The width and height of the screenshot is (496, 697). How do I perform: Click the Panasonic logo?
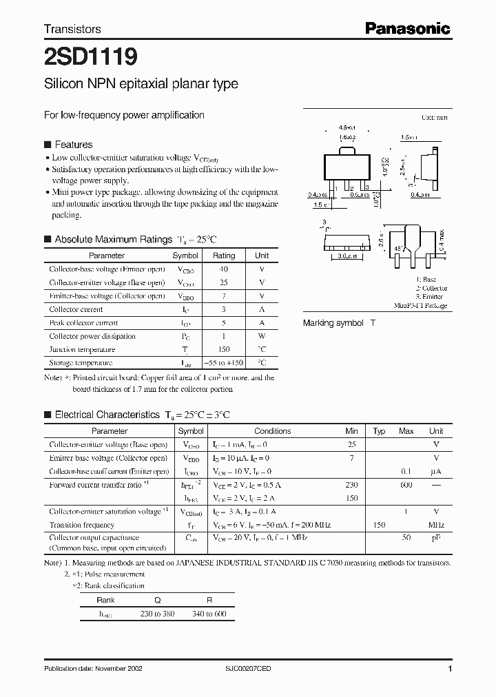(407, 28)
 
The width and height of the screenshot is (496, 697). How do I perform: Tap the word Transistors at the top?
(72, 30)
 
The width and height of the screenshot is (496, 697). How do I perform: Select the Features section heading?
(73, 145)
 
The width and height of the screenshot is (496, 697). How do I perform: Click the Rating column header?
(223, 256)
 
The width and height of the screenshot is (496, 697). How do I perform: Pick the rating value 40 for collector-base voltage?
(223, 269)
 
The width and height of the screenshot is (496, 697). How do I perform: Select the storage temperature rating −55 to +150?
(223, 363)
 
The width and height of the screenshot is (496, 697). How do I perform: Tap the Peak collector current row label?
(83, 323)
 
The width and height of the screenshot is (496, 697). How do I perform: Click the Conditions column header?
(273, 431)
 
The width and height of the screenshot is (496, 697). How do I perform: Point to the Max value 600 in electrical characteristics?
(406, 485)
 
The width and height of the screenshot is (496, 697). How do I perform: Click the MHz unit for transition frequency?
(436, 525)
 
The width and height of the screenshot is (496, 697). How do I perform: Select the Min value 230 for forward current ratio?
(351, 485)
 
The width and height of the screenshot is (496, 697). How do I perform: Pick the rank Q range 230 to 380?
(157, 614)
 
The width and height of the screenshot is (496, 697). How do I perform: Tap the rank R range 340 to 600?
(210, 614)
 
